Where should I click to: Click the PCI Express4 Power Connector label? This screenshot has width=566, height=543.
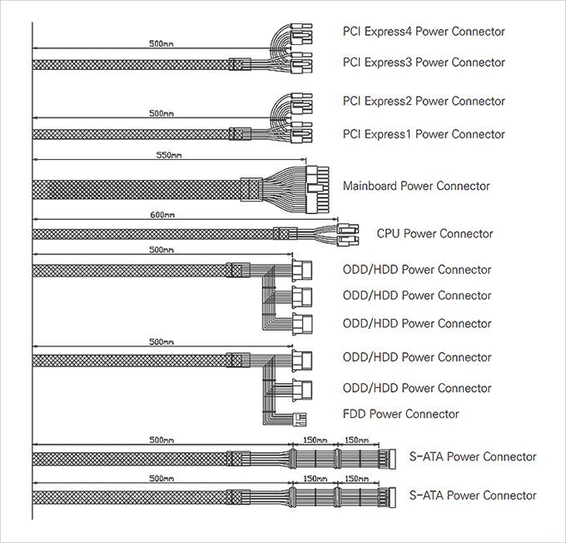click(x=424, y=32)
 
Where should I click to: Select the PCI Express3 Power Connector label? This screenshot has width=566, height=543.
click(x=424, y=62)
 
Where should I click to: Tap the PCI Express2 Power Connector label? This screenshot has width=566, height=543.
click(x=424, y=102)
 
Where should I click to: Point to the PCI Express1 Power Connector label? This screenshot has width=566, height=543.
click(x=424, y=134)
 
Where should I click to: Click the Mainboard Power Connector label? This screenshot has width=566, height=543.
click(x=416, y=186)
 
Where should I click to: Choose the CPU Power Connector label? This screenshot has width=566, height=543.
click(x=434, y=234)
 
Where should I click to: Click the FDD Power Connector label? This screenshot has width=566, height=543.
click(x=400, y=414)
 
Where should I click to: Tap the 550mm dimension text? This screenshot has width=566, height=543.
click(x=169, y=155)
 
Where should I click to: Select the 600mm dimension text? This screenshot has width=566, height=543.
click(x=163, y=215)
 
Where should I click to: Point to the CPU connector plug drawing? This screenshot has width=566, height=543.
click(x=349, y=234)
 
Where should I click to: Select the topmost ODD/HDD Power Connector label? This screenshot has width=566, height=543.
click(x=417, y=270)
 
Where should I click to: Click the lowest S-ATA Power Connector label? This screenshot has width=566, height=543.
click(x=473, y=496)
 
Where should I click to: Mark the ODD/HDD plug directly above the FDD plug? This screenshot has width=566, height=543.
click(x=303, y=388)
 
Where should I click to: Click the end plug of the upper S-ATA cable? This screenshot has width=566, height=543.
click(x=385, y=457)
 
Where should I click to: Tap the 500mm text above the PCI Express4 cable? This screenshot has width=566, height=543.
click(x=161, y=41)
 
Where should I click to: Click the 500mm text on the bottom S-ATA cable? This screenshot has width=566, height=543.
click(x=161, y=479)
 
